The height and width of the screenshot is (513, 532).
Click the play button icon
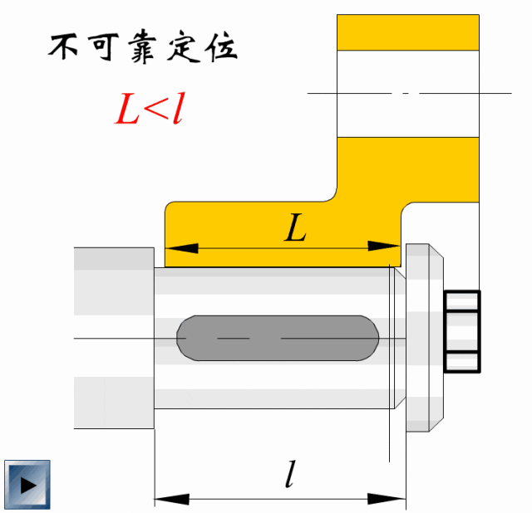pyautogui.click(x=27, y=484)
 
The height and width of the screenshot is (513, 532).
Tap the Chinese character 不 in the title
pyautogui.click(x=65, y=48)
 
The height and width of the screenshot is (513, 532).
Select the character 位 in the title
pyautogui.click(x=220, y=48)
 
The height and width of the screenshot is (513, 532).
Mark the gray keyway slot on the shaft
pyautogui.click(x=278, y=338)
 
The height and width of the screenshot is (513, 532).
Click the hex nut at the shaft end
pyautogui.click(x=462, y=330)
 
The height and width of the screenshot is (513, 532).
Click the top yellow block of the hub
pyautogui.click(x=407, y=32)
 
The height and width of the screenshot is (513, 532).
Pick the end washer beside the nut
pyautogui.click(x=424, y=336)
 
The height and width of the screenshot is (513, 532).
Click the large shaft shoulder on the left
pyautogui.click(x=114, y=338)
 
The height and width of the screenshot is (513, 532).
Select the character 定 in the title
pyautogui.click(x=181, y=48)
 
